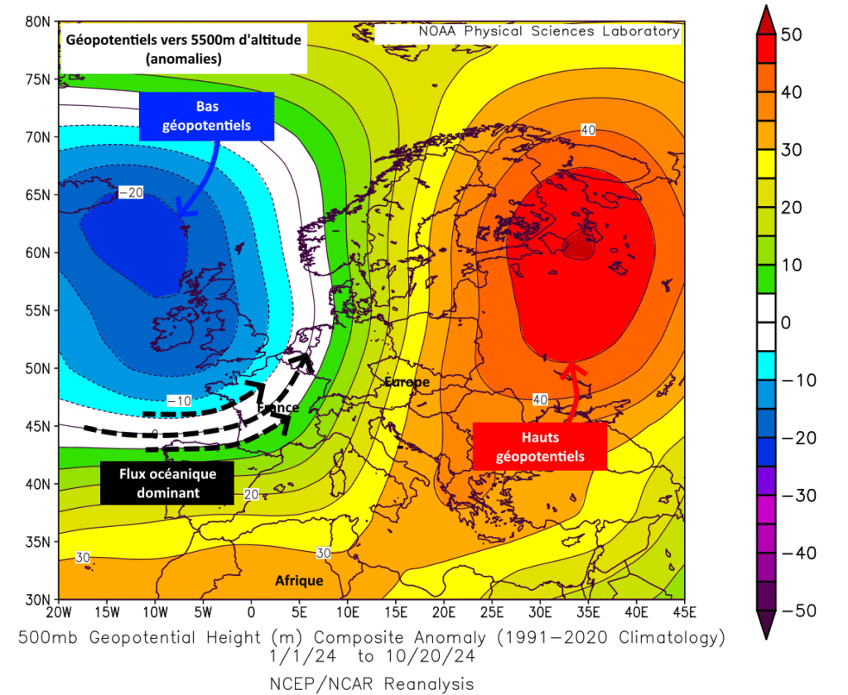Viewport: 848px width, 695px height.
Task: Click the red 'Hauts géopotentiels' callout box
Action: pos(540,446)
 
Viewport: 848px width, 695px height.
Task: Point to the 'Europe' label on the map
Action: pos(406,381)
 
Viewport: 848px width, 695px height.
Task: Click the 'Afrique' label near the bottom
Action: pos(299,581)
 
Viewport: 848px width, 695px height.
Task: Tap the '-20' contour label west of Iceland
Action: pos(132,193)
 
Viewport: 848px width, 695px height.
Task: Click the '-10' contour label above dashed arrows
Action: pos(180,400)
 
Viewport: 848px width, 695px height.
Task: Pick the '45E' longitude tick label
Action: pos(684,612)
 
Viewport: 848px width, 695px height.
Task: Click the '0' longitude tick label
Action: pos(251,612)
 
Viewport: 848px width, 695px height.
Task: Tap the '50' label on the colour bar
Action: pos(792,35)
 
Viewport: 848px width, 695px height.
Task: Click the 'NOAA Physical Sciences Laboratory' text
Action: pos(549,31)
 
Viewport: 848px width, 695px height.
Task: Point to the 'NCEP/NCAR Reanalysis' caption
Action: pos(372,683)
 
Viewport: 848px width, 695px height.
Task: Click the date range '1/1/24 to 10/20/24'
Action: pos(372,657)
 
